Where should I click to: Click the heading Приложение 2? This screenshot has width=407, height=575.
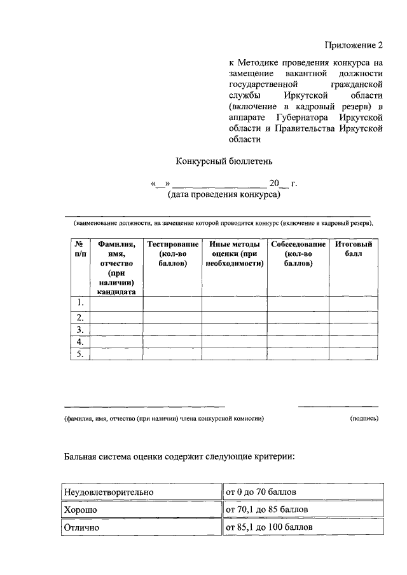(354, 45)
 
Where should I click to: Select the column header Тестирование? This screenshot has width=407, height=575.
(172, 254)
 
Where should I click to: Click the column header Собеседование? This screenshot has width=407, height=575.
(298, 254)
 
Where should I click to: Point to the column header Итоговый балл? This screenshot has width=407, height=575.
(354, 249)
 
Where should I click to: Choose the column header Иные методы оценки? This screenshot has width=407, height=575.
(235, 254)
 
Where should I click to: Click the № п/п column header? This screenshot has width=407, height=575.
(79, 249)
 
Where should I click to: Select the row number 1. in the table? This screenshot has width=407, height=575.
(79, 302)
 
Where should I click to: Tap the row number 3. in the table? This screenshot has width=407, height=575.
(79, 330)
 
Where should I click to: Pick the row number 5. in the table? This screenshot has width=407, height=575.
(79, 355)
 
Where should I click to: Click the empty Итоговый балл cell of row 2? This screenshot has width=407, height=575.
(354, 317)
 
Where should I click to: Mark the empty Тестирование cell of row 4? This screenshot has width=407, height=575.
(172, 342)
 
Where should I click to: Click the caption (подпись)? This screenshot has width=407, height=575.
(364, 419)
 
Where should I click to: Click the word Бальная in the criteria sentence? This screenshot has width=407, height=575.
(81, 456)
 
